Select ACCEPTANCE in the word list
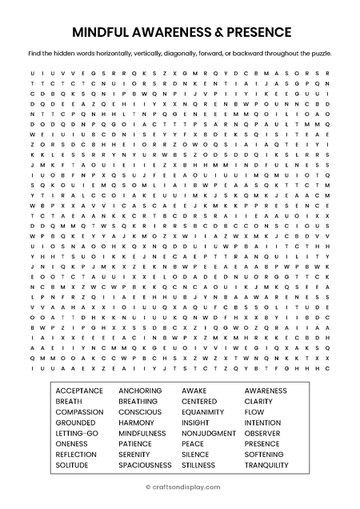(x=79, y=391)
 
